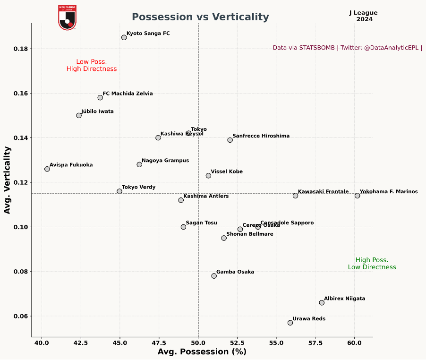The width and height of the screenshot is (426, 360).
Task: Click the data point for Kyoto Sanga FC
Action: (x=124, y=37)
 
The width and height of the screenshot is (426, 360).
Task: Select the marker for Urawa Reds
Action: (x=290, y=323)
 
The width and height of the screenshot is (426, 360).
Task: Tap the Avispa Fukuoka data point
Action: (x=47, y=169)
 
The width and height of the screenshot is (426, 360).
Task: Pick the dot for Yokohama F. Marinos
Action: (x=357, y=196)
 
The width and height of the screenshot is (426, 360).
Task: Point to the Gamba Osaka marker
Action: (x=214, y=276)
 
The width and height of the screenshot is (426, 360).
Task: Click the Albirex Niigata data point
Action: (x=322, y=303)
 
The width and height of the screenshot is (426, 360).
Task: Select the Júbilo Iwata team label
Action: (x=97, y=112)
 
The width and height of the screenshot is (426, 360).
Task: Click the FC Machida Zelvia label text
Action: (x=128, y=94)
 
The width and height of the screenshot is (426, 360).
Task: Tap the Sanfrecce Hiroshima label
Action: (x=261, y=136)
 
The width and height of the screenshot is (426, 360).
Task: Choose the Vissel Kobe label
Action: (x=227, y=172)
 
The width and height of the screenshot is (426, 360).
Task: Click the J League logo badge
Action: (x=67, y=17)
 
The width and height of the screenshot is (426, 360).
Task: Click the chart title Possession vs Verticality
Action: (x=200, y=17)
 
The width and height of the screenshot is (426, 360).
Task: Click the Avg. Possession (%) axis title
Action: (x=202, y=352)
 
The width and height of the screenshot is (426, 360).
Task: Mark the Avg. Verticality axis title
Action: (x=7, y=180)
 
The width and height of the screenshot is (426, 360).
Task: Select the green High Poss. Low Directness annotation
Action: (x=372, y=264)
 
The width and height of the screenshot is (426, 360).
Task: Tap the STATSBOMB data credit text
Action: (x=347, y=48)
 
